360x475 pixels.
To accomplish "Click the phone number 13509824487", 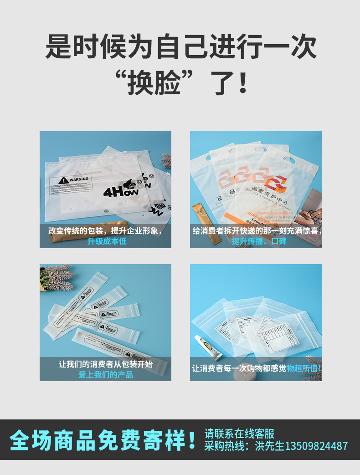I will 316,446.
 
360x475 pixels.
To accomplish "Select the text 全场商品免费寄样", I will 98,440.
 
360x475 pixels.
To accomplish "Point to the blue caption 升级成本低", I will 107,241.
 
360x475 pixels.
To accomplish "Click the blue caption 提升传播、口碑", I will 259,241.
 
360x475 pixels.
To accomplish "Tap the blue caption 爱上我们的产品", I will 105,374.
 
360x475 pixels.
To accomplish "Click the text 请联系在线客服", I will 239,434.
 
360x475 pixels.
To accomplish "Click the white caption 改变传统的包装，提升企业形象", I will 105,230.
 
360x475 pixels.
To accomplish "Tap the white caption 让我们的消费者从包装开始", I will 105,364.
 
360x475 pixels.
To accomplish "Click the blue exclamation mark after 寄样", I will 192,440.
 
